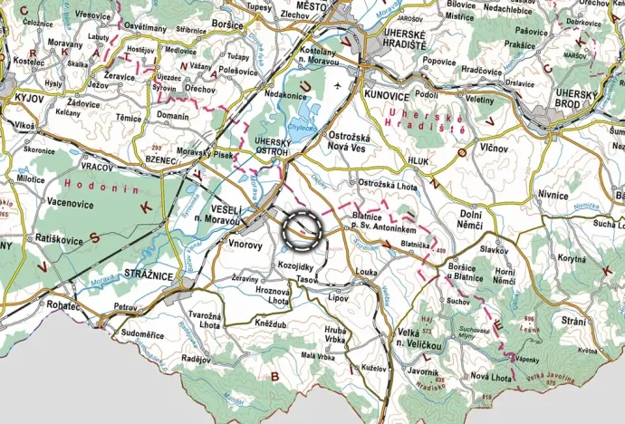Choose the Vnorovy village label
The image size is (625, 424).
[246, 245]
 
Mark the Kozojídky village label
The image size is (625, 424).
[295, 266]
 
